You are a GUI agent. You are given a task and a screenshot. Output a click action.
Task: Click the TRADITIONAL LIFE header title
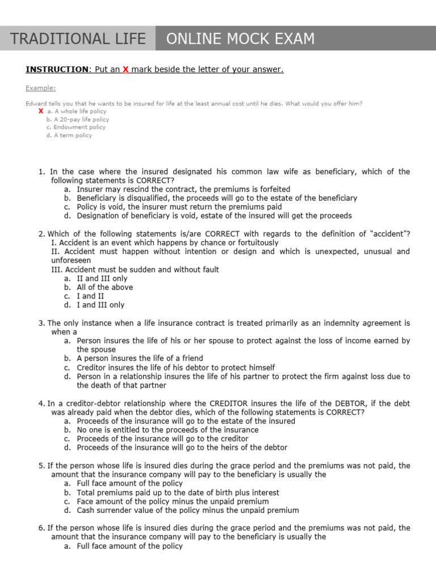click(78, 39)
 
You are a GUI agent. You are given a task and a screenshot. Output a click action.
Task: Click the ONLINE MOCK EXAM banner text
click(240, 39)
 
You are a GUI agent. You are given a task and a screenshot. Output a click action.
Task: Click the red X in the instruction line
click(126, 69)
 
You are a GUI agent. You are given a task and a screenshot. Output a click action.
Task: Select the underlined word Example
click(41, 88)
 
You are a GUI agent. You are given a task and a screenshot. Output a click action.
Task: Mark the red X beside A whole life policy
click(41, 111)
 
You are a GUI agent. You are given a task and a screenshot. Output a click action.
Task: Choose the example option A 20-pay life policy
click(78, 120)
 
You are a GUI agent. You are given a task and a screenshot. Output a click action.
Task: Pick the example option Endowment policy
click(76, 128)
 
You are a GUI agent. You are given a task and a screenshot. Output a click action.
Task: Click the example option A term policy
click(69, 136)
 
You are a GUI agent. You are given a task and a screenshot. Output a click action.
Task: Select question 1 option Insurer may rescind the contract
click(183, 189)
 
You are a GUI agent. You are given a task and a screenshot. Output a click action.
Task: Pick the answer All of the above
click(105, 287)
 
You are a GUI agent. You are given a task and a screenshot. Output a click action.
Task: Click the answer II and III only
click(102, 279)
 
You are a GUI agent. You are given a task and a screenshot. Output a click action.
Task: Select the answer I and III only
click(100, 305)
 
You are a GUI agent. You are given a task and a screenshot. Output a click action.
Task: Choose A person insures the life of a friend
click(140, 358)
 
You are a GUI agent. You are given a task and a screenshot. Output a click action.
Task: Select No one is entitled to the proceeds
click(167, 430)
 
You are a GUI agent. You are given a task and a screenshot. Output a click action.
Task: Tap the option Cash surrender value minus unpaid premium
click(187, 510)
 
